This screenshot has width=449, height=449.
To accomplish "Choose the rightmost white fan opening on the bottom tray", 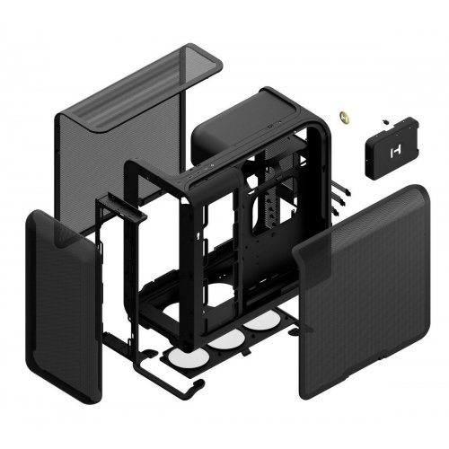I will pyautogui.click(x=261, y=321).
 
